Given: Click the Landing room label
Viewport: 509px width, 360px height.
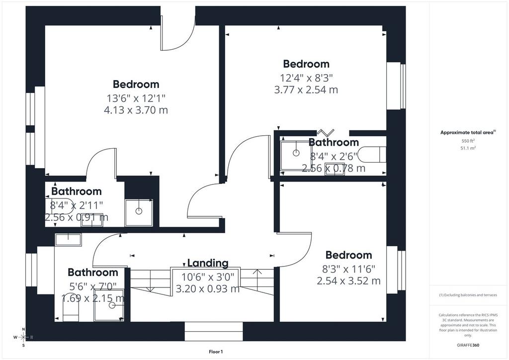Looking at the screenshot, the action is tap(208, 263).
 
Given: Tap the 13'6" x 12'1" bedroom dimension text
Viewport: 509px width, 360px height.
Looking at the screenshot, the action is tap(136, 98).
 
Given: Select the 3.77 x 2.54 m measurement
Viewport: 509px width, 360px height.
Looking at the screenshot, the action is tap(306, 90).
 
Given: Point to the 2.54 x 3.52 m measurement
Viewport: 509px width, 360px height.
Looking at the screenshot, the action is tap(348, 281).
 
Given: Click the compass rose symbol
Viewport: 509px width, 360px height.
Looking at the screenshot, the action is tap(23, 337).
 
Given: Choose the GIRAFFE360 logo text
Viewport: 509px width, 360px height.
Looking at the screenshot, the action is tap(468, 345).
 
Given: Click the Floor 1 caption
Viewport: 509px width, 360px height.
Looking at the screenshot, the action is tap(216, 352).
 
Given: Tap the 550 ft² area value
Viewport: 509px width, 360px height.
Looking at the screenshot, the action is tap(468, 141).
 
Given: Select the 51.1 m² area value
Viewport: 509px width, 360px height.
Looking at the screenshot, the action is tap(468, 148).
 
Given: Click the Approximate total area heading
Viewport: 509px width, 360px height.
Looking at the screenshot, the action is tap(468, 132).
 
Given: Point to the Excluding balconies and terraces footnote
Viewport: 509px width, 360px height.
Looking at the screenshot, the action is tap(468, 295).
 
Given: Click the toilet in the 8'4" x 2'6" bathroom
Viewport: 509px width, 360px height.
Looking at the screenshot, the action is tap(372, 154).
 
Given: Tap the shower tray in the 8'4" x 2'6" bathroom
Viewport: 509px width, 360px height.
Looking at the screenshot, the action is tap(296, 156).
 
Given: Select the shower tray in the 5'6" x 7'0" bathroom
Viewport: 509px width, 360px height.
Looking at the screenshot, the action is tap(109, 305).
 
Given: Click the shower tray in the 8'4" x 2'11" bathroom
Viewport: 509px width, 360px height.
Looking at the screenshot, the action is tap(139, 213).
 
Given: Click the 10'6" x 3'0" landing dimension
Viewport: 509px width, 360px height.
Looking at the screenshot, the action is tap(208, 277).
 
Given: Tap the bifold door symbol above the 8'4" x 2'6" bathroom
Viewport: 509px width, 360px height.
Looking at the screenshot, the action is tap(325, 132).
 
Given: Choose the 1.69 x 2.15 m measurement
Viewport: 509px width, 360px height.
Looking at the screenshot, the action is tap(93, 298).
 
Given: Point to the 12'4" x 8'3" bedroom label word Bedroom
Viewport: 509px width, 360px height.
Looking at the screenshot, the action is tap(306, 64).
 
